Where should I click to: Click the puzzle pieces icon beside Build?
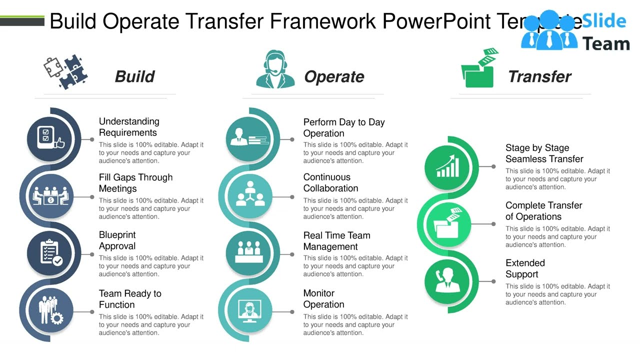pos(65,72)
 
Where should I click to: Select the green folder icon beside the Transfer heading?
pos(479,69)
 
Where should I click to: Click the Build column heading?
pos(134,76)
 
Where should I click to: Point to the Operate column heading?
pos(334,76)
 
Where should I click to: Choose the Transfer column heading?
pos(539,76)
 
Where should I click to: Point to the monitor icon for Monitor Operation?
pos(248,310)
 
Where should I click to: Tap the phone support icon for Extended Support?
pos(447,281)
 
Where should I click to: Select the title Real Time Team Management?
pos(336,241)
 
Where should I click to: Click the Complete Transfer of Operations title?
pos(543,211)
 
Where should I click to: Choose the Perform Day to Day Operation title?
pos(343,127)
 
